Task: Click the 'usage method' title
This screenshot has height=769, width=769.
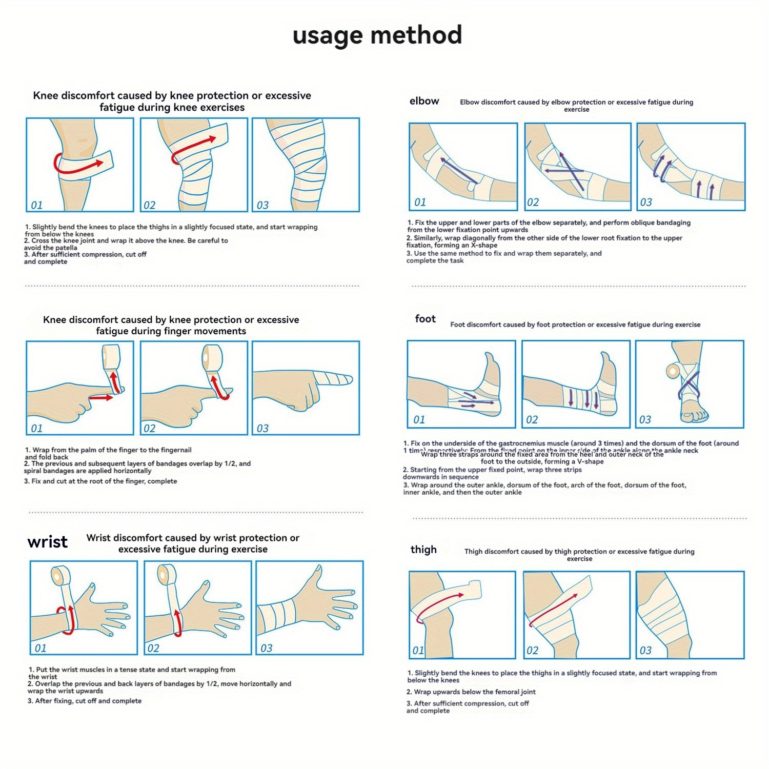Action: click(x=377, y=35)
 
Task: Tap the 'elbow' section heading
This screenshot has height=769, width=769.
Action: click(x=424, y=101)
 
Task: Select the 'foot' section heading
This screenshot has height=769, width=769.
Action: click(x=425, y=319)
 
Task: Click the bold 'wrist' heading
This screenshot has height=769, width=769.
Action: click(x=48, y=542)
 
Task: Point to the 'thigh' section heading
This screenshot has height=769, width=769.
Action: click(x=423, y=550)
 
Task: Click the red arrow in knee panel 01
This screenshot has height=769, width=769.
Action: click(x=77, y=163)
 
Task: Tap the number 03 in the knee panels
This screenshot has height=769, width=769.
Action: click(x=262, y=205)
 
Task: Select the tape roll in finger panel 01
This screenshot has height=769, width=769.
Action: click(x=111, y=356)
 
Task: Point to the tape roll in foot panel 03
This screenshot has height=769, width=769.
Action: click(x=673, y=371)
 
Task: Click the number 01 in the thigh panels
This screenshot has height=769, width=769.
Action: click(x=418, y=651)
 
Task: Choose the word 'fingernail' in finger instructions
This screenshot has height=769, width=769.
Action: click(x=174, y=450)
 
